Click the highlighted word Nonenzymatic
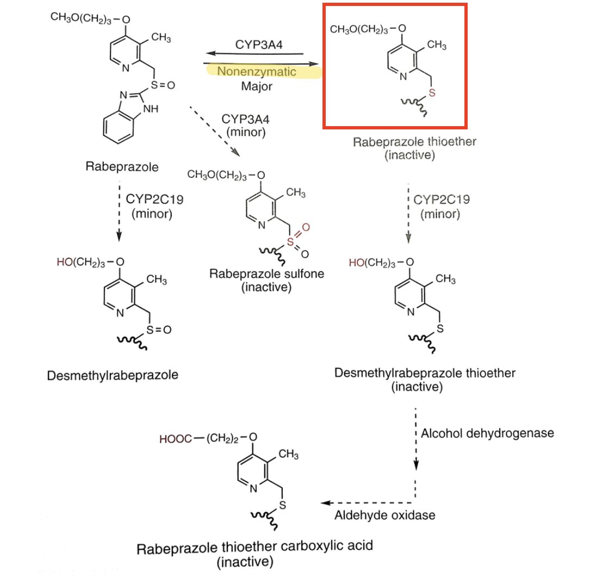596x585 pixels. [x=257, y=71]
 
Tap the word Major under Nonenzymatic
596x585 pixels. [x=257, y=86]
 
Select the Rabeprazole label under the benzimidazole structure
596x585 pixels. [x=122, y=166]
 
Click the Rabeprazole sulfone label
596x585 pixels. [x=266, y=273]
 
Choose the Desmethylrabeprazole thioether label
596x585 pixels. [x=425, y=373]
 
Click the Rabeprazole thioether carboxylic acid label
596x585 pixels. [x=255, y=546]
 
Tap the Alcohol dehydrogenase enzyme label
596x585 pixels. [x=487, y=433]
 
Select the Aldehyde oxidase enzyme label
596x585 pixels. [x=384, y=514]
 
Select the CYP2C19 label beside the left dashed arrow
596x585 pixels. [x=154, y=199]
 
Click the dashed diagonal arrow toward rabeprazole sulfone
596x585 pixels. [x=215, y=131]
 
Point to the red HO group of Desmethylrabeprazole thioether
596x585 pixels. [x=357, y=263]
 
